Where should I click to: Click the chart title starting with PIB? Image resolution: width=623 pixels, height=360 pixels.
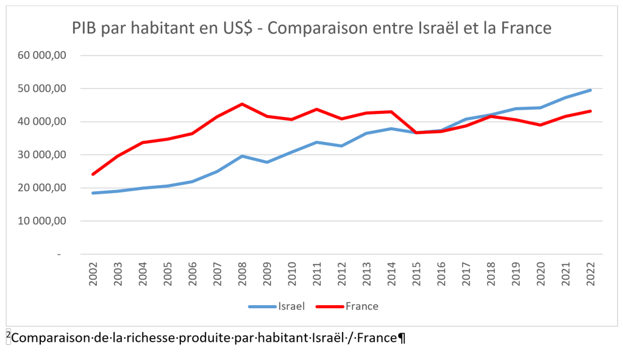pos(311,28)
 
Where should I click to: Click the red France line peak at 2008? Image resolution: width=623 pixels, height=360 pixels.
pos(242,104)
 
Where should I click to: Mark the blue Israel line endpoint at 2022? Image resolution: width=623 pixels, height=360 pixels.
pos(590,90)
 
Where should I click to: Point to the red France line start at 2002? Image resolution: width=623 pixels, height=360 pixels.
pos(93,174)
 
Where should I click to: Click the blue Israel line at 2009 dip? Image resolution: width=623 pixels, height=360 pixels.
pos(267,162)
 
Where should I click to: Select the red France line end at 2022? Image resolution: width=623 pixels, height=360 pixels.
pos(590,111)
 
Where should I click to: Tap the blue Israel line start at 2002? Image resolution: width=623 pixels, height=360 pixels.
pos(93,193)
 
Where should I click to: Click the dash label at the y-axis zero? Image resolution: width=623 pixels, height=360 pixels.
pos(60,254)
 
